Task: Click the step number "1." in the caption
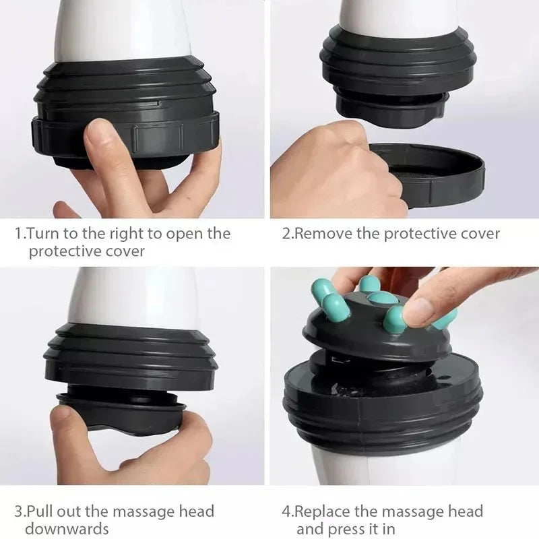pos(20,234)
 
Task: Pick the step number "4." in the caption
pos(287,511)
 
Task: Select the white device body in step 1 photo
pos(118,27)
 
